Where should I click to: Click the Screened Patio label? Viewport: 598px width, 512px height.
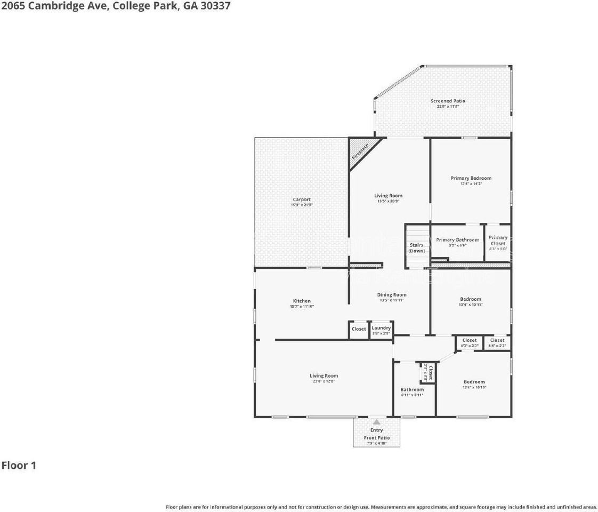pos(448,101)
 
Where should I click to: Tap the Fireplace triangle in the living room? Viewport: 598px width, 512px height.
pos(360,151)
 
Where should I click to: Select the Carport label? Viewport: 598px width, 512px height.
pos(301,199)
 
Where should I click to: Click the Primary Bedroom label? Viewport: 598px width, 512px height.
pos(471,178)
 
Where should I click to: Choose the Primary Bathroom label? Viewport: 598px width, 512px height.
pos(457,240)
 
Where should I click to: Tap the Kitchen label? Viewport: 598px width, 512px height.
pos(301,301)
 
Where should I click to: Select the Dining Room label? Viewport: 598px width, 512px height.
pos(392,294)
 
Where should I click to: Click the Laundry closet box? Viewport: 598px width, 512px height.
pos(381,330)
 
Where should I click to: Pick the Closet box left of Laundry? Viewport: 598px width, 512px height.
pos(359,329)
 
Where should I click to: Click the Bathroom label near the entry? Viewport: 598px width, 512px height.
pos(412,389)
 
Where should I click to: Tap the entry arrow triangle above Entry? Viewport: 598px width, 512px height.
pos(377,422)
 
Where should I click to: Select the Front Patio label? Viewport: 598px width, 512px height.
pos(377,438)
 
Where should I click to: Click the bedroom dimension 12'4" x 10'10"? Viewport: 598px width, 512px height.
pos(474,387)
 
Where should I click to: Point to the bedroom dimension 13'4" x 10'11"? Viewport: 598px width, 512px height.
pos(471,305)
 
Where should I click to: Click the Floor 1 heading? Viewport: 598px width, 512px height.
pos(19,465)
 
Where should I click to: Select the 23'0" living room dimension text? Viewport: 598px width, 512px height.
pos(324,382)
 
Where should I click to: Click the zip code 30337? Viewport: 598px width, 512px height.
pos(215,6)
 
